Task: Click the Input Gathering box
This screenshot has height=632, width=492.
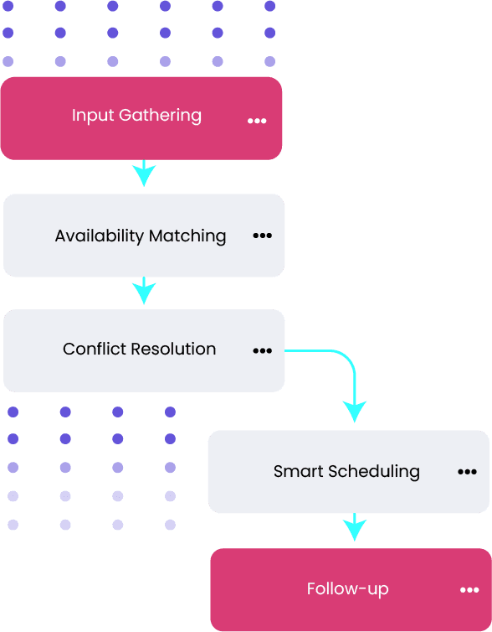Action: [141, 118]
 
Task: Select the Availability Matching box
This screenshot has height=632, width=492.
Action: [144, 236]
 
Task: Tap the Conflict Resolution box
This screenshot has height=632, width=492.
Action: [144, 350]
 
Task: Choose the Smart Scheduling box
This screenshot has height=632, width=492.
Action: [349, 472]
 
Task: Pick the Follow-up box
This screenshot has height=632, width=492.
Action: [351, 590]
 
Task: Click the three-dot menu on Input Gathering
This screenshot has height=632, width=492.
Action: [257, 121]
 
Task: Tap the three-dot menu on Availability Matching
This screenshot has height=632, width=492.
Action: [262, 236]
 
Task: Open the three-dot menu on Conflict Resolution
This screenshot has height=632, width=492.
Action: [262, 350]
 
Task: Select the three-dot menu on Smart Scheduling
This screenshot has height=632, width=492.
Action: [467, 472]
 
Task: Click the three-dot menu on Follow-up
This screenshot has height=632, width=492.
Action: [469, 590]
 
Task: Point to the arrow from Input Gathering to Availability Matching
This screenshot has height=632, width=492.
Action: [144, 174]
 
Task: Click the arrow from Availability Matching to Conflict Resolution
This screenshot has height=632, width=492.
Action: [144, 290]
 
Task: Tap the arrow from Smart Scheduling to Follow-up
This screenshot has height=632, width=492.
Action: [355, 526]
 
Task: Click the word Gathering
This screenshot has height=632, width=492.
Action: [160, 116]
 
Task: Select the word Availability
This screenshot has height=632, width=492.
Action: [100, 236]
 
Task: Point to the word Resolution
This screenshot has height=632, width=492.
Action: [174, 349]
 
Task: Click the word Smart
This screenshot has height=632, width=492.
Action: [299, 471]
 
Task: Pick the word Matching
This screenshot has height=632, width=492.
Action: [187, 236]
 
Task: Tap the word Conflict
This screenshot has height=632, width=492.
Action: [95, 349]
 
